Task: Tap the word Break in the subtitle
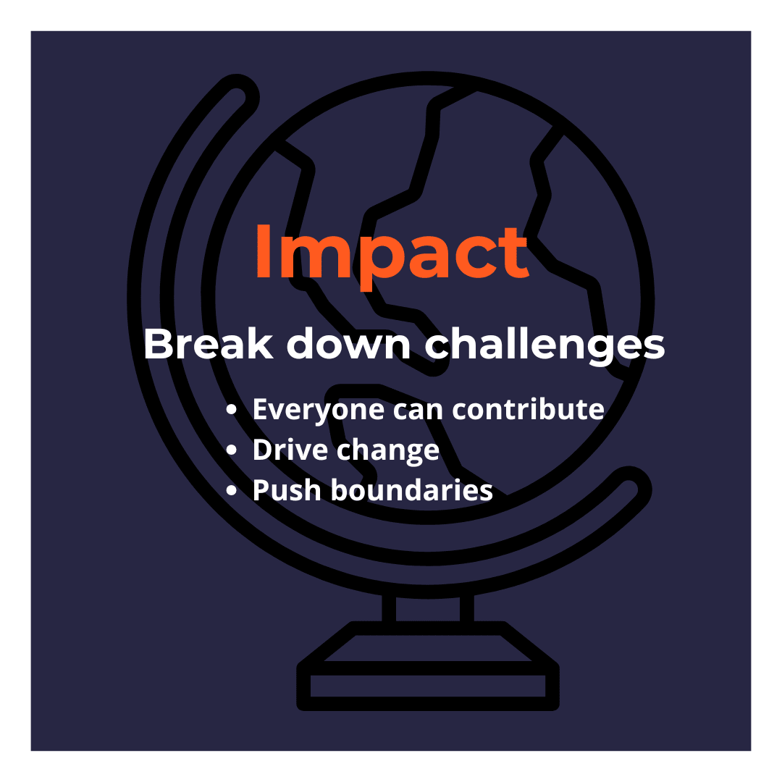pyautogui.click(x=209, y=344)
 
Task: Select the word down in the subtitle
pyautogui.click(x=348, y=344)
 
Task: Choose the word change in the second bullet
pyautogui.click(x=388, y=452)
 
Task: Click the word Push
pyautogui.click(x=287, y=489)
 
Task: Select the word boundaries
pyautogui.click(x=412, y=489)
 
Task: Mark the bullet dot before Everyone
pyautogui.click(x=231, y=410)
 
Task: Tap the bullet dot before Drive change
pyautogui.click(x=231, y=450)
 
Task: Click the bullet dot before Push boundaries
pyautogui.click(x=231, y=489)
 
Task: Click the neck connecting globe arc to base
pyautogui.click(x=428, y=608)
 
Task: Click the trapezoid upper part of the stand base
pyautogui.click(x=428, y=642)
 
